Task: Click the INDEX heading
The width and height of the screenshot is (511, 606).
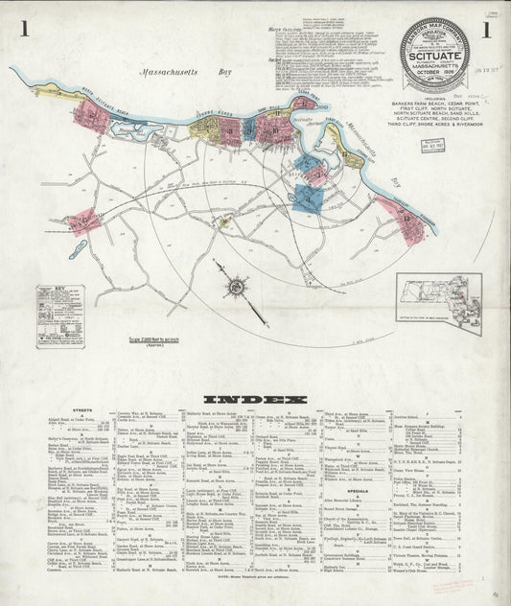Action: click(255, 399)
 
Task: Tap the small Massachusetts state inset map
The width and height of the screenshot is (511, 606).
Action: click(438, 300)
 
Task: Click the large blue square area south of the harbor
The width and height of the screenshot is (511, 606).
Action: click(309, 197)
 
